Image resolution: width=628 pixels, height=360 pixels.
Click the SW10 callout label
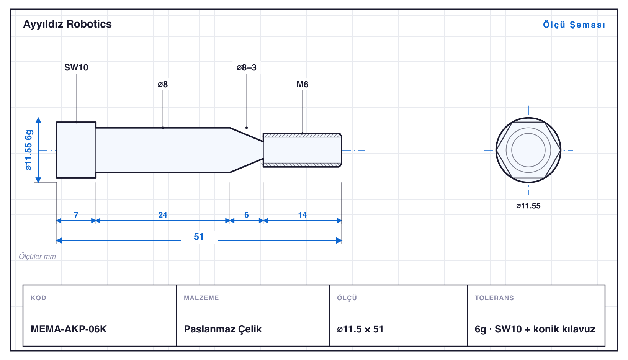(x=76, y=67)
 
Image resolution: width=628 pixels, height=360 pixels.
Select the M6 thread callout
(x=302, y=84)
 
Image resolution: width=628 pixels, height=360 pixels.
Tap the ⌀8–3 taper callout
(x=247, y=67)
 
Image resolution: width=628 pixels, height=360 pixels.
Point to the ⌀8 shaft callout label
(x=163, y=84)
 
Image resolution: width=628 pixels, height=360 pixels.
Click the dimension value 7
(x=76, y=215)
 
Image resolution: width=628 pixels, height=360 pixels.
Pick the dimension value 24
(x=163, y=215)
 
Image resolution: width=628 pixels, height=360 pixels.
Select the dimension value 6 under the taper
(x=247, y=215)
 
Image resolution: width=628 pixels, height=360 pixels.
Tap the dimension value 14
(x=302, y=215)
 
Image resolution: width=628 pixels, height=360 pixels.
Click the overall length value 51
(x=199, y=237)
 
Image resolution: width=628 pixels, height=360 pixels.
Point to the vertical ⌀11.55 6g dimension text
(x=29, y=150)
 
